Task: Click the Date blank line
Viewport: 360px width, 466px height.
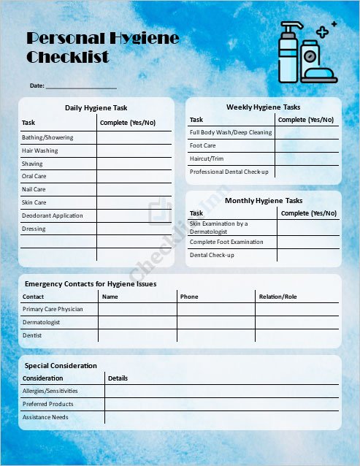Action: pos(81,87)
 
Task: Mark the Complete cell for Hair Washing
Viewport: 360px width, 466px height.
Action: pos(134,150)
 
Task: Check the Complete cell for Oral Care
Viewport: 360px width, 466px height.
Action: pos(134,176)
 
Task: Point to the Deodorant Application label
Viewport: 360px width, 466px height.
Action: pos(53,215)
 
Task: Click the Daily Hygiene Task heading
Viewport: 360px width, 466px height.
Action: pos(96,107)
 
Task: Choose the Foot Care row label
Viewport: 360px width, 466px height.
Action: pos(202,145)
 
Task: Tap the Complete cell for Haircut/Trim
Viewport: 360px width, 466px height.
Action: pos(307,158)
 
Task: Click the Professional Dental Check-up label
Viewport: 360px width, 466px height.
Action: pos(229,172)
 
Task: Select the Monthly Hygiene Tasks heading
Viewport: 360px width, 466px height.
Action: pos(263,200)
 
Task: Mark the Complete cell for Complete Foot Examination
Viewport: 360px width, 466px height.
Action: pos(308,242)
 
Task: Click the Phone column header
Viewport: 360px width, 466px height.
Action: pos(189,297)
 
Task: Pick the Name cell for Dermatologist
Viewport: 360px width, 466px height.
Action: pos(137,322)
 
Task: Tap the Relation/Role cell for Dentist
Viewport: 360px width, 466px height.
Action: pos(297,335)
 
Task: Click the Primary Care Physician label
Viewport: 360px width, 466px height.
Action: pos(53,309)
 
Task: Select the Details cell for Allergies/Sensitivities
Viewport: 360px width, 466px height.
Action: pos(221,391)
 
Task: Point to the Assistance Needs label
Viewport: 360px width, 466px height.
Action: pos(45,417)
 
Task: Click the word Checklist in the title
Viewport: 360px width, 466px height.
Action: pos(68,57)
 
